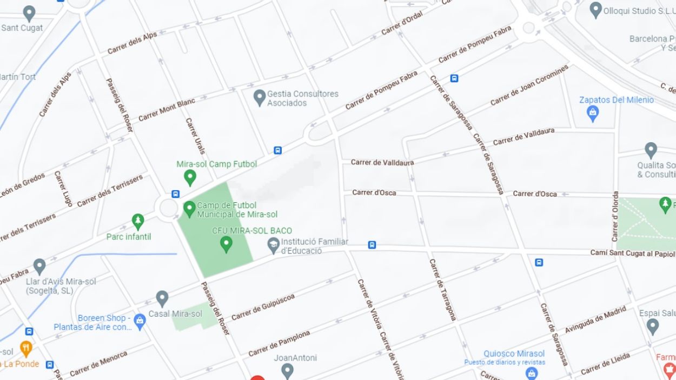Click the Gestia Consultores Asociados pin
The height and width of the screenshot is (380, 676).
(260, 97)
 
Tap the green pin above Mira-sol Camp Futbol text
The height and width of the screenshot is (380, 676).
(190, 177)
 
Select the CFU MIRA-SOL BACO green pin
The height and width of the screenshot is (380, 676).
(226, 244)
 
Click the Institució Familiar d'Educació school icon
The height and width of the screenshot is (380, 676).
(274, 246)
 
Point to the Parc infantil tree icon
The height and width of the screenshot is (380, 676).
(138, 221)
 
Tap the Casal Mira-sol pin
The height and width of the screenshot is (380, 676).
(162, 298)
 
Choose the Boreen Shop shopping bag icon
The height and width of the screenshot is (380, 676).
(140, 322)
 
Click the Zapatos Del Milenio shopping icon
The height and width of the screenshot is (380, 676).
(593, 113)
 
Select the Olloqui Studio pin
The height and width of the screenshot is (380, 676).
(595, 9)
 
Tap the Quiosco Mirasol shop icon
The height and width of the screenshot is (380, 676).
(532, 372)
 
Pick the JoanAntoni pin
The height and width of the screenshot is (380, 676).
(287, 370)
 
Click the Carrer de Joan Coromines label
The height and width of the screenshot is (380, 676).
(529, 85)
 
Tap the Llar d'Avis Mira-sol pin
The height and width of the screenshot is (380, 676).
(39, 266)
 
